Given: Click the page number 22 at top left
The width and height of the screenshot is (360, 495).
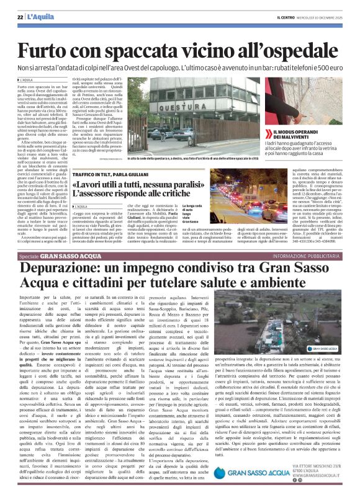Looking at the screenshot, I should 20,16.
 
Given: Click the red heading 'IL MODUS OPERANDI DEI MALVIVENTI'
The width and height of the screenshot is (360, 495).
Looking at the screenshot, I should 300,135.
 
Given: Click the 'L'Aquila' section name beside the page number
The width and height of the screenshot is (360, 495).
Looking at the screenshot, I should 39,16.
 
